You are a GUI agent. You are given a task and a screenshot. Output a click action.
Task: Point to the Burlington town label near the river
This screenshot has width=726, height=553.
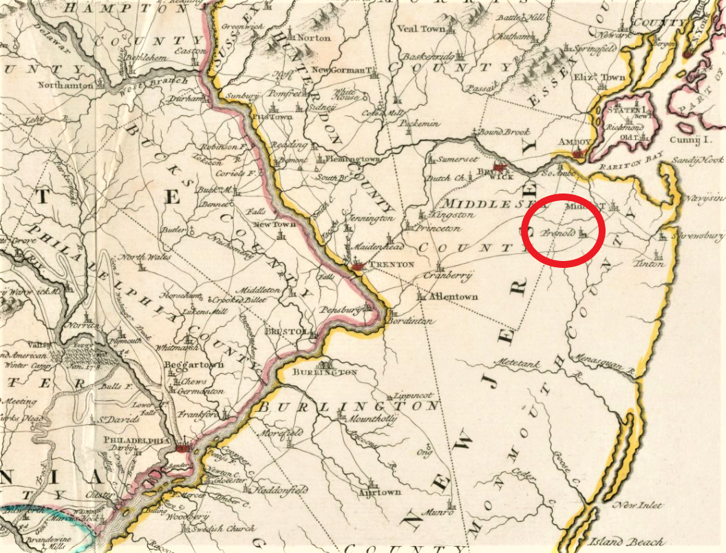[x=325, y=373]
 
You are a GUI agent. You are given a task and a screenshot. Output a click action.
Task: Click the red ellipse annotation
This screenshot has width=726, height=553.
[x=563, y=230]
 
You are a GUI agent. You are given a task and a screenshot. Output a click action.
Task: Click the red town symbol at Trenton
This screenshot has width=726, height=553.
[x=357, y=265]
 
